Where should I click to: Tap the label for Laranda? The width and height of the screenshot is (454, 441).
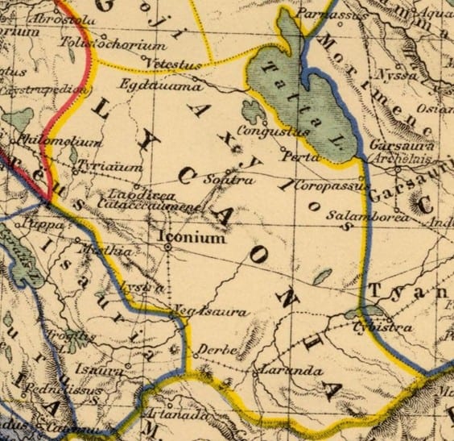(277, 373)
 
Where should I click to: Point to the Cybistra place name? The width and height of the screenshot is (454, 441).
(382, 328)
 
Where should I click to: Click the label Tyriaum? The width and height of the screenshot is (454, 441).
(102, 165)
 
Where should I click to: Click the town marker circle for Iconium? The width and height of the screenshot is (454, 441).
(168, 248)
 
